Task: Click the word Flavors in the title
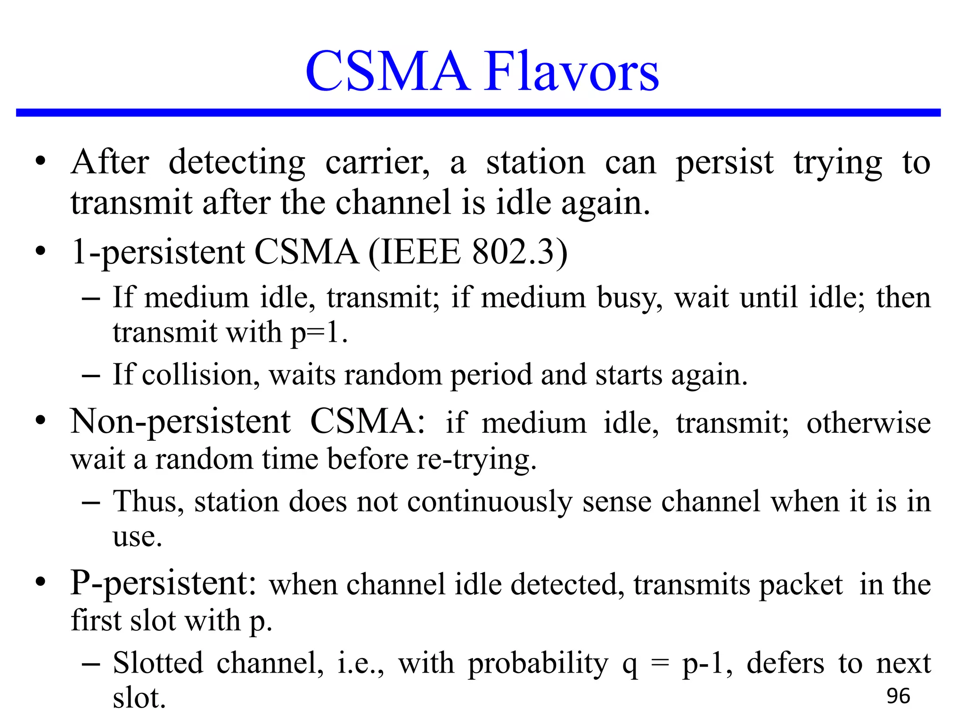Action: [x=571, y=72]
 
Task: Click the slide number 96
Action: [x=898, y=696]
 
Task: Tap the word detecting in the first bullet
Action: [x=237, y=163]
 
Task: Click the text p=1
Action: [x=319, y=332]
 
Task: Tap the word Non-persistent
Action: [x=180, y=422]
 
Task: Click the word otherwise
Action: [x=868, y=423]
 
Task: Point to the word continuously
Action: [x=490, y=502]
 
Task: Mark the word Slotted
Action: [x=158, y=663]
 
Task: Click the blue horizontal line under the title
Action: [x=478, y=113]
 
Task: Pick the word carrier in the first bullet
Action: [x=377, y=163]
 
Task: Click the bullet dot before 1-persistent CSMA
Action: [x=41, y=251]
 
